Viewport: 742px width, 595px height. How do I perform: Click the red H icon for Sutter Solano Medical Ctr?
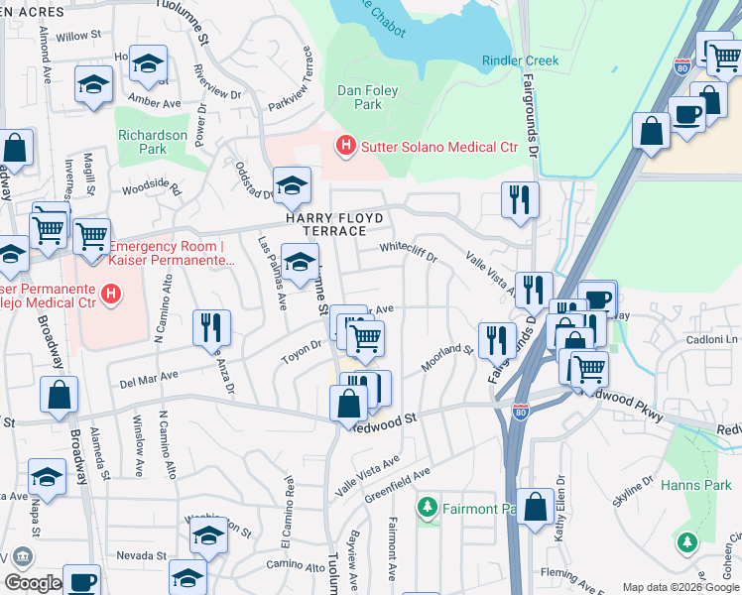point(345,147)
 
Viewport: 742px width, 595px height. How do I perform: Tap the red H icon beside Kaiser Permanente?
point(112,295)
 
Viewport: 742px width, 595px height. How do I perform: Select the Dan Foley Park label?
point(367,97)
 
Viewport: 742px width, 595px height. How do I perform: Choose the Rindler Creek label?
point(520,60)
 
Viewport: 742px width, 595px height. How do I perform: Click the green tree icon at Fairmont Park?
point(428,509)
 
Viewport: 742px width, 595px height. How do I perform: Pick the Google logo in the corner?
point(33,583)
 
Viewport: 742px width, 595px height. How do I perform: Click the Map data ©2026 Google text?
point(680,586)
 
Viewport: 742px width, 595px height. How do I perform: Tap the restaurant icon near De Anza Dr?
point(211,327)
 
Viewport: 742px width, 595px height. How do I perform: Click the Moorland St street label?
point(446,358)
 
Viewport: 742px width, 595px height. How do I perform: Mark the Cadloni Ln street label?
point(712,339)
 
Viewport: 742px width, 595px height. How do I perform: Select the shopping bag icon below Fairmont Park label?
point(535,508)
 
